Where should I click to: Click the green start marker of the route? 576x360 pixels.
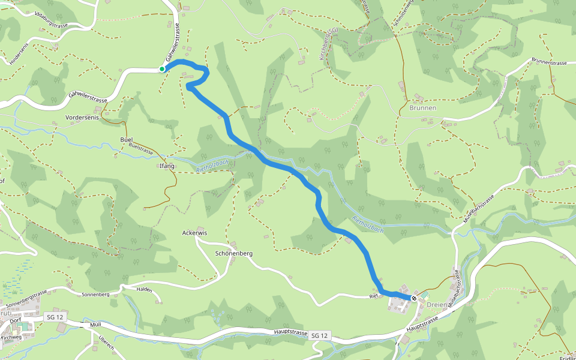[162, 70]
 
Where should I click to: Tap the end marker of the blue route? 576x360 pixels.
[414, 298]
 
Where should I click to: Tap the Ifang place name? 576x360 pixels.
[167, 166]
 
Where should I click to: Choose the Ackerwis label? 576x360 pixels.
[194, 232]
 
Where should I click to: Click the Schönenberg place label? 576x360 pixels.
[233, 253]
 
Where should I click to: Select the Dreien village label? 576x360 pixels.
[437, 305]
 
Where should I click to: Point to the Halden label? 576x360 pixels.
[145, 290]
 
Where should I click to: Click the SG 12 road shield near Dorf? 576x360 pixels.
[53, 316]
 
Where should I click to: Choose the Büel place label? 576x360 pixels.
[126, 139]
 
